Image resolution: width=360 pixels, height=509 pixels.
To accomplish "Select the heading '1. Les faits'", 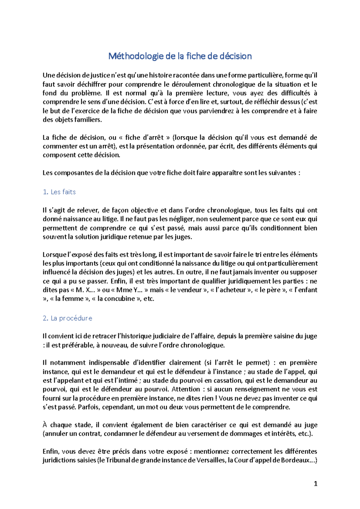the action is (x=59, y=192).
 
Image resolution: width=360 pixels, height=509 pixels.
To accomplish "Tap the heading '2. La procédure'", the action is (x=67, y=318).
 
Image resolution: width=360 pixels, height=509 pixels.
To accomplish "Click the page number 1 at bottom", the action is (x=315, y=484).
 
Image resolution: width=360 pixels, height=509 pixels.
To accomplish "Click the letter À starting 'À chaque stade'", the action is (x=45, y=425).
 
